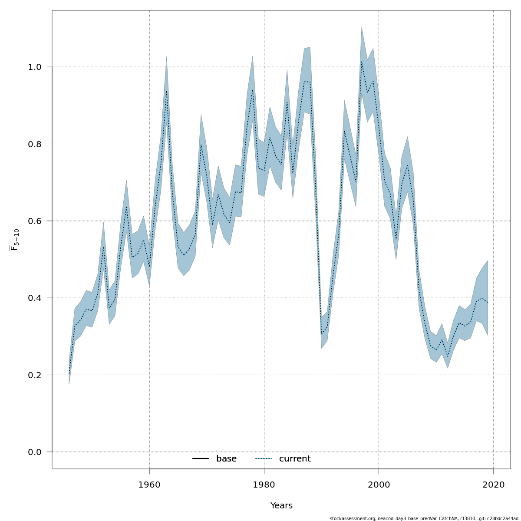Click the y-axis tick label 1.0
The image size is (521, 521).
tap(35, 67)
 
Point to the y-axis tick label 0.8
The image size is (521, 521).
tap(35, 144)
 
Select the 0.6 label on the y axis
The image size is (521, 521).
tap(35, 221)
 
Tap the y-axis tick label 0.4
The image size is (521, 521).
tap(35, 298)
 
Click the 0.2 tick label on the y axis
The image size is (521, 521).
tap(35, 375)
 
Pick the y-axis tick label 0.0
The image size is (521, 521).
tap(35, 452)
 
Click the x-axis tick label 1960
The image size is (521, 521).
tap(149, 485)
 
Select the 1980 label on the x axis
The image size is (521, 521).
tap(264, 485)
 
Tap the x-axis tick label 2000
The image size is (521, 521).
tap(379, 485)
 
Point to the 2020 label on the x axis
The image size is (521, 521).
tap(493, 485)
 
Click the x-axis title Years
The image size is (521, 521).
tap(281, 506)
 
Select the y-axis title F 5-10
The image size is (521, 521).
tap(15, 240)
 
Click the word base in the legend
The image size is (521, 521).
tap(226, 459)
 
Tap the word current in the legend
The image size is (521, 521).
tap(295, 459)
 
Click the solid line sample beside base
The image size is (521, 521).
tap(201, 459)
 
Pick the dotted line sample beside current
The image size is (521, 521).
tap(264, 459)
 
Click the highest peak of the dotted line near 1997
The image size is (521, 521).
tap(361, 61)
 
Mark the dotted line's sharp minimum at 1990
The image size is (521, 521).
tap(321, 334)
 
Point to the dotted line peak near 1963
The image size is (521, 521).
tap(166, 91)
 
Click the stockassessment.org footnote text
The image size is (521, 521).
tap(424, 518)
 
